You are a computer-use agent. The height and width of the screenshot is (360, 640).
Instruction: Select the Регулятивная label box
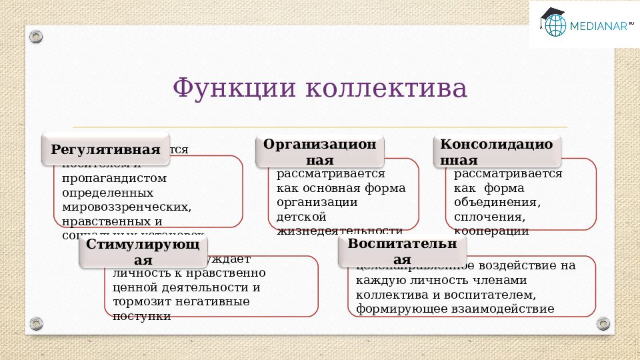tap(106, 149)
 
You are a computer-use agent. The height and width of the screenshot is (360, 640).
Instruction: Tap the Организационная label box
tap(319, 152)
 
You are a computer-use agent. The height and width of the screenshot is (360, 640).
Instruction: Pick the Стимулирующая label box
tap(143, 252)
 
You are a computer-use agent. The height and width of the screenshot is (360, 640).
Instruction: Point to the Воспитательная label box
tap(402, 251)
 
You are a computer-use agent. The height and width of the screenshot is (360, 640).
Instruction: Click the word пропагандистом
tap(114, 179)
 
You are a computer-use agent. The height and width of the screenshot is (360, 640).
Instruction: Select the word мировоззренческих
tap(127, 207)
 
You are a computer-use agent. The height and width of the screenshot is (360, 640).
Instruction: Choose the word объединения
tap(497, 202)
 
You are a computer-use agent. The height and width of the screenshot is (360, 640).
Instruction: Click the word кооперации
tap(491, 231)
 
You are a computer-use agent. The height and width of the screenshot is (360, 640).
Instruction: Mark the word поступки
tap(142, 315)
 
